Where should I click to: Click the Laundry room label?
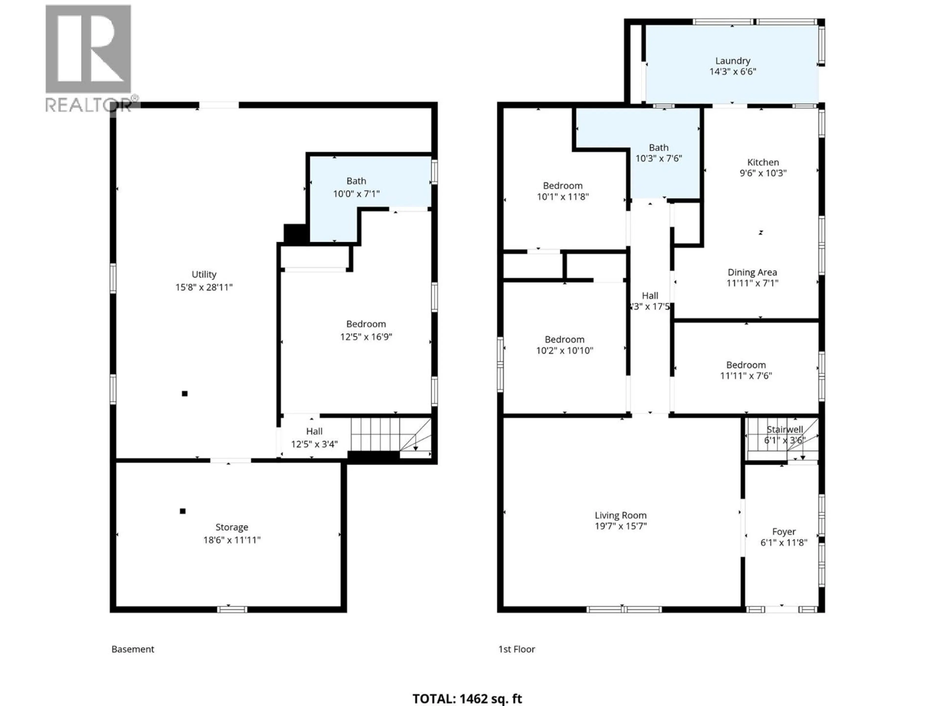[x=732, y=61]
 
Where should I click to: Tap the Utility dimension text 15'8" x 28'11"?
[x=204, y=287]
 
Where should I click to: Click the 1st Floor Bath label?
[x=658, y=148]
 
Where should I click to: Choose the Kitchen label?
[x=763, y=162]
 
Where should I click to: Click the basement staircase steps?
[x=374, y=434]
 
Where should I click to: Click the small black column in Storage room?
[x=183, y=511]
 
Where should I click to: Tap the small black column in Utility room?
[x=185, y=394]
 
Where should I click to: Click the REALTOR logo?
[x=88, y=57]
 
